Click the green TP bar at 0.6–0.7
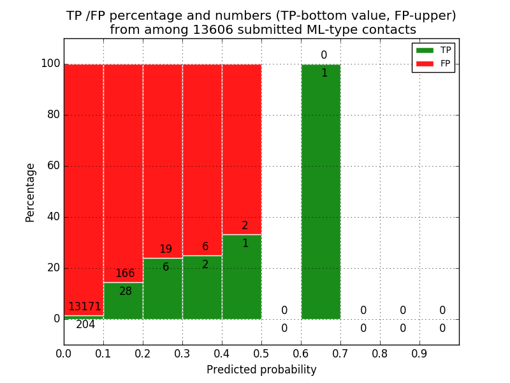[x=321, y=191]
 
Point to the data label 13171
[x=85, y=307]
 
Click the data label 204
[x=85, y=325]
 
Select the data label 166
[x=125, y=274]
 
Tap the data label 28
[x=126, y=292]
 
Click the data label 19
[x=166, y=250]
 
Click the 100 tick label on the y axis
[x=50, y=64]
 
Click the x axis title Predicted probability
[x=261, y=370]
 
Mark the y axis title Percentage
[x=31, y=192]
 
